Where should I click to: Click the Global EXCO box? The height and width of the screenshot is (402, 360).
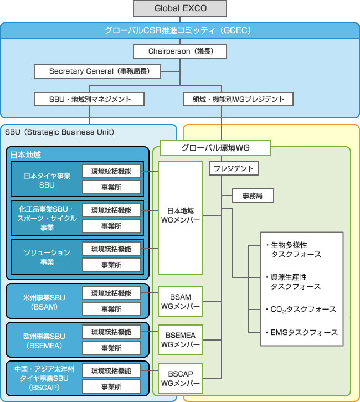(180, 8)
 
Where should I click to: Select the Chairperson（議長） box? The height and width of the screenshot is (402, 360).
(180, 51)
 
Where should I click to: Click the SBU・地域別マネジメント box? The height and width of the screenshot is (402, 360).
(89, 99)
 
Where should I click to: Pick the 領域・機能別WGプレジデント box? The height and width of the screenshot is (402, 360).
(238, 99)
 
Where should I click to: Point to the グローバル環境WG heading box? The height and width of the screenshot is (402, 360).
(215, 148)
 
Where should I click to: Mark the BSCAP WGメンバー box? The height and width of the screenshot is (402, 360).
(181, 375)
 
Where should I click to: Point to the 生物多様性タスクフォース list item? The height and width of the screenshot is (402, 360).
(295, 249)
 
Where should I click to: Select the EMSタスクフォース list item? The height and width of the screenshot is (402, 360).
(301, 332)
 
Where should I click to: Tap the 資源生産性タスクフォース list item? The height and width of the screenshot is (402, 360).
(295, 281)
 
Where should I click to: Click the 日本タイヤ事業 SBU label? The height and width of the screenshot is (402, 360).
(47, 180)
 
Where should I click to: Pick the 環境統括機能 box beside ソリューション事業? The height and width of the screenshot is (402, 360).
(111, 249)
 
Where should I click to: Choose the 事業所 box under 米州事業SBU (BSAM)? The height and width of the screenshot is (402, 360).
(111, 309)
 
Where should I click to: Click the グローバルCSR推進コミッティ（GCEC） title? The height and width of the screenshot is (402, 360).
(180, 30)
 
